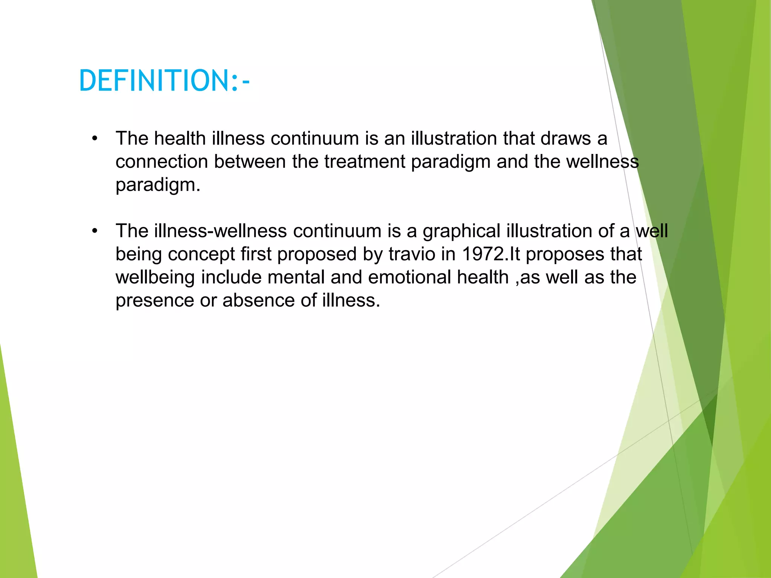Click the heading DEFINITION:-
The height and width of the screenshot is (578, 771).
tap(164, 81)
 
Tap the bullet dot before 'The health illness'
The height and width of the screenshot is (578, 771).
tap(94, 139)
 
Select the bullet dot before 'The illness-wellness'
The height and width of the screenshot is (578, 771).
tap(94, 231)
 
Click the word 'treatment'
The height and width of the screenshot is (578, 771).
tap(364, 162)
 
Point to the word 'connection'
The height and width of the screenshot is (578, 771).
tap(162, 162)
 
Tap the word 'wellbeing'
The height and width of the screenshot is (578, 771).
tap(155, 278)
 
